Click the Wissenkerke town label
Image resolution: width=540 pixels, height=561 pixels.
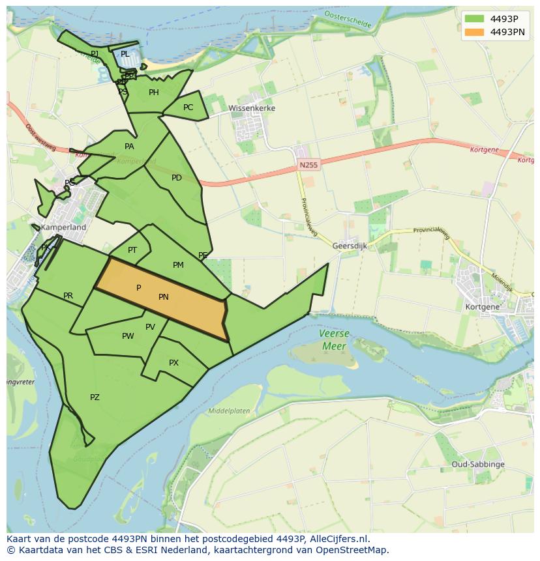point(252,108)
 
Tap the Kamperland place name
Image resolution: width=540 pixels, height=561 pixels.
point(63,228)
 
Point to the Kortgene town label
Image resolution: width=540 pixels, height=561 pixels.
point(483,306)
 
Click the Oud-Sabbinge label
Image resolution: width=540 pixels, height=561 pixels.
point(477,465)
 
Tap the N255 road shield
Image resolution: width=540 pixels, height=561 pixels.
point(308,165)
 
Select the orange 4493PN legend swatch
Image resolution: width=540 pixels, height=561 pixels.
point(475,32)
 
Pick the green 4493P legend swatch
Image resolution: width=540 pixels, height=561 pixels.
point(475,19)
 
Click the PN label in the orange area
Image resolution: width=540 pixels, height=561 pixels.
point(164,297)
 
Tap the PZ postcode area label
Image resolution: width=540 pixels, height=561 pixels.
point(95,397)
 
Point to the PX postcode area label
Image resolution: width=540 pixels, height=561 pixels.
point(173,363)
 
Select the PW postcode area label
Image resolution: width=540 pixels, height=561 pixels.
point(128,336)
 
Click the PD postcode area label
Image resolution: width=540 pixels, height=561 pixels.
point(177,178)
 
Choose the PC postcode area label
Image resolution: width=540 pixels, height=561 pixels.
point(188,108)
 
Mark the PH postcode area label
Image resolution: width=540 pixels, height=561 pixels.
point(154,93)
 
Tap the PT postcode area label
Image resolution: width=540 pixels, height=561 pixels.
point(132,250)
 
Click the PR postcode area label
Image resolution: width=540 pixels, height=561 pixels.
point(68,296)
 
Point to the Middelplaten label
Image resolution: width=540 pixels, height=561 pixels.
point(229,411)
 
